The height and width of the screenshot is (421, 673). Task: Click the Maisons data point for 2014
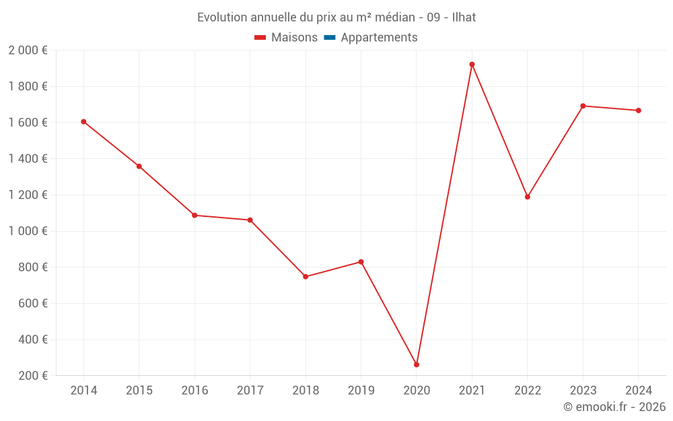click(x=83, y=122)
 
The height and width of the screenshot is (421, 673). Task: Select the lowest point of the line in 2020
click(x=417, y=364)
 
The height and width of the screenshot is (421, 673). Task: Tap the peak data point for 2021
click(x=472, y=65)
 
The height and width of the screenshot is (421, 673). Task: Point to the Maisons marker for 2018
click(x=306, y=277)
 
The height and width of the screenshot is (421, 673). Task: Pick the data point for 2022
click(x=528, y=197)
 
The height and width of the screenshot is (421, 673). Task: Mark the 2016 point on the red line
click(x=194, y=216)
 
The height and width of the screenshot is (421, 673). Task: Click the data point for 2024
click(x=638, y=110)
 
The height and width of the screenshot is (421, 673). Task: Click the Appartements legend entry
click(x=379, y=38)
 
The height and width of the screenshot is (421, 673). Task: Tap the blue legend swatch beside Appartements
click(x=330, y=38)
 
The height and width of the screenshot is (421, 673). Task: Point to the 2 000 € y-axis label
click(x=28, y=51)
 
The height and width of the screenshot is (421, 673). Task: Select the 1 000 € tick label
click(x=28, y=231)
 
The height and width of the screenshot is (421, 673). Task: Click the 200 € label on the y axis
click(x=34, y=376)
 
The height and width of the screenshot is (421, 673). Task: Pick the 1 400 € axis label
click(x=28, y=159)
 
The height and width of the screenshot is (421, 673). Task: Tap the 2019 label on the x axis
click(x=361, y=391)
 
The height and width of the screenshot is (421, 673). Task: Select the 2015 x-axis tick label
click(x=139, y=391)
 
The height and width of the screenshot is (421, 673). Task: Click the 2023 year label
click(x=583, y=391)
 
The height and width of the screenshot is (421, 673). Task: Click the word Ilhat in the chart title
click(x=464, y=18)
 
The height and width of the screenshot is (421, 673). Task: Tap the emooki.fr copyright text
click(x=614, y=407)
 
